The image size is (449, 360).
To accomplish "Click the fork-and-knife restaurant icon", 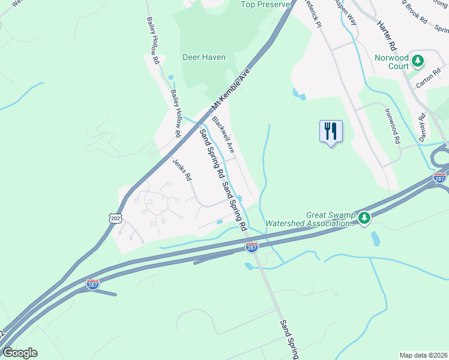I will coord(330,131).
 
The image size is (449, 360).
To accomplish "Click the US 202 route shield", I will coord(115,218).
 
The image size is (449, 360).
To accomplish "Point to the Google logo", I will coord(20,353).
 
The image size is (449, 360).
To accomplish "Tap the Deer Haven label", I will coord(204,58).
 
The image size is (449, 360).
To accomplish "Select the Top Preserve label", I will coord(265,5).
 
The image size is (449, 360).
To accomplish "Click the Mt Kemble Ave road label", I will coord(232,88).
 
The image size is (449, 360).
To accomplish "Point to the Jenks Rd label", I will coord(182,169).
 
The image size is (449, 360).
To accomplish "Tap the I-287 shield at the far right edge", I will coord(439,178).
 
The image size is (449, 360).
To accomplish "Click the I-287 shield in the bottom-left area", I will coord(92,284).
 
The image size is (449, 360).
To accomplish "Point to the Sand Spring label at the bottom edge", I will coord(289,340).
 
